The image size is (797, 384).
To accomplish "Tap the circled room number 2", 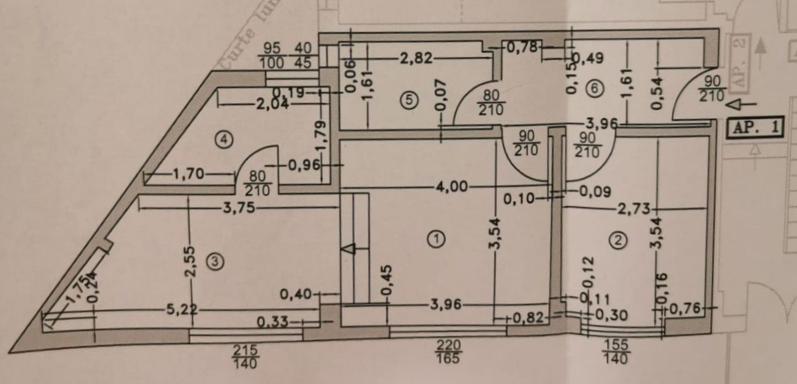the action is tap(618, 241).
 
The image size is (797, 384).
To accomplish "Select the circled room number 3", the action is tap(216, 262).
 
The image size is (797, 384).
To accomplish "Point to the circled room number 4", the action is tap(223, 140).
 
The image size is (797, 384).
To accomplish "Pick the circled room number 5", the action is tap(408, 99).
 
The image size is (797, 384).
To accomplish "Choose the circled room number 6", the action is tap(595, 89).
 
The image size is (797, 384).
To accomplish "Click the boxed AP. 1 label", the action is tap(756, 128).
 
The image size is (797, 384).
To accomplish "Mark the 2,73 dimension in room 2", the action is tap(635, 208).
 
